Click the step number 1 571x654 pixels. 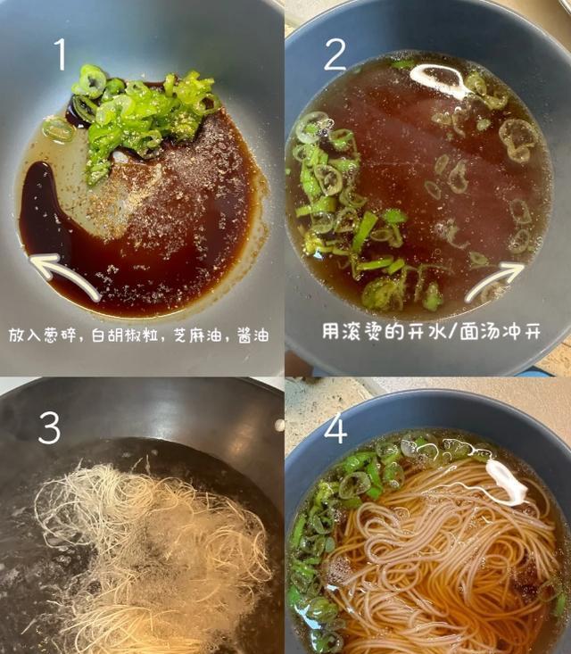click(61, 54)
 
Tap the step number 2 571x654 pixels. click(335, 54)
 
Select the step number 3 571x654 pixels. click(50, 427)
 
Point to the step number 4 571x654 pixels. click(335, 428)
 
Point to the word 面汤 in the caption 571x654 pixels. click(476, 332)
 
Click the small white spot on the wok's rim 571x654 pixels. click(279, 425)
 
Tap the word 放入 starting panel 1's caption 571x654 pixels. click(25, 335)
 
